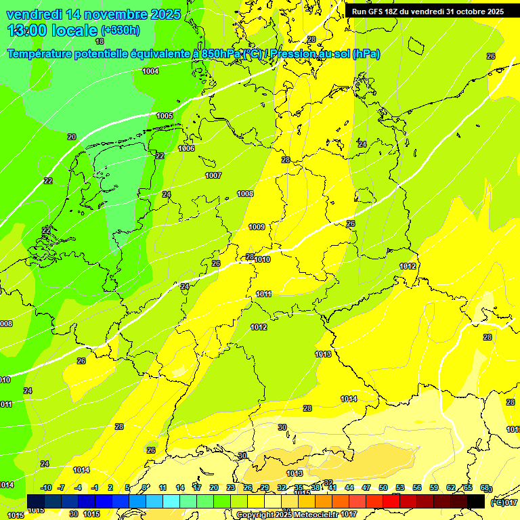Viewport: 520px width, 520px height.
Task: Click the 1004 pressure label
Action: pos(150,71)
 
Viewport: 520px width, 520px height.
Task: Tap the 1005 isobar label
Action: pos(165,116)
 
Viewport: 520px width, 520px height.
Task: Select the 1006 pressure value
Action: pos(186,148)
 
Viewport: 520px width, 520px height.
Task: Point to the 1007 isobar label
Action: pos(213,175)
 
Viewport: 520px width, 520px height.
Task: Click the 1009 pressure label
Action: pos(257,227)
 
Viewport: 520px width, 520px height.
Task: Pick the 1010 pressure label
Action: pos(263,259)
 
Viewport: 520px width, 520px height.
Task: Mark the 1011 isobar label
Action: pos(264,294)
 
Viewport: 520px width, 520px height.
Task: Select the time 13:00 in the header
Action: pos(28,30)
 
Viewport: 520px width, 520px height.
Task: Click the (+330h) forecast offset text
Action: pos(121,30)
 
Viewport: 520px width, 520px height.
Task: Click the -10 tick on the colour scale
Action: pos(46,487)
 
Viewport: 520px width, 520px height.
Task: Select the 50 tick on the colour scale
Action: pos(383,487)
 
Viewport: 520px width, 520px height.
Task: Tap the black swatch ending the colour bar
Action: pos(476,501)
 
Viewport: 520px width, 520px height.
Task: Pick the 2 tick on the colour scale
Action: pos(110,487)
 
